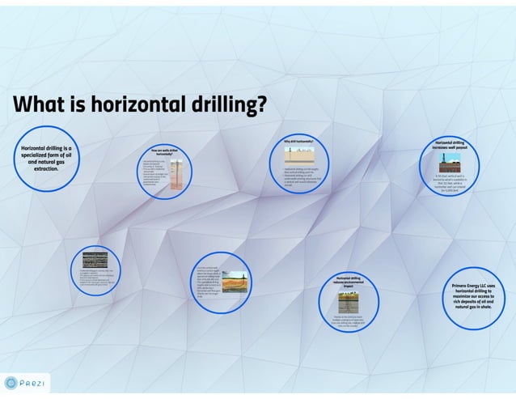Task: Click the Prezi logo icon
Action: pos(11,383)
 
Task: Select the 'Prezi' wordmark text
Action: pos(34,383)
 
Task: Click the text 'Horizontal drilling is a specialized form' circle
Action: pos(46,158)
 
